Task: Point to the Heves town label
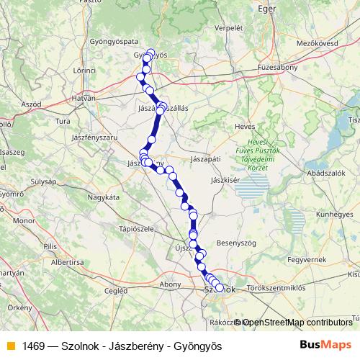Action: [x=246, y=127]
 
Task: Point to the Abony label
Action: [x=171, y=284]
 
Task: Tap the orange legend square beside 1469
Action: [x=10, y=346]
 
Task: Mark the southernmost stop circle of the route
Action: [x=220, y=289]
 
